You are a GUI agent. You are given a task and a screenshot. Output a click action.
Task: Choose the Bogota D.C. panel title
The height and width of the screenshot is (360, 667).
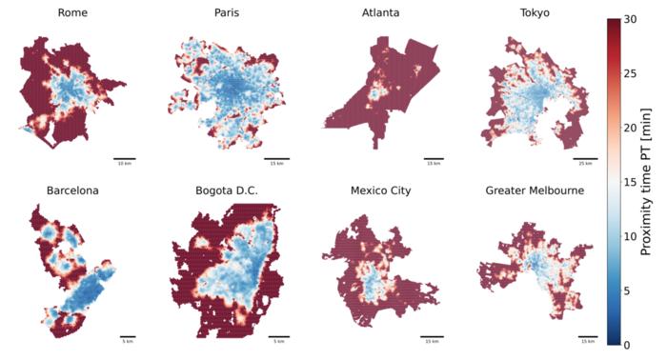225,190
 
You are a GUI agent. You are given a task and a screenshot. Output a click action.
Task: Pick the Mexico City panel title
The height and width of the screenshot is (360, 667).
379,190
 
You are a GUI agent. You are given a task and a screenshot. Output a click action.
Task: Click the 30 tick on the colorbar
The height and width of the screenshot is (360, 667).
631,18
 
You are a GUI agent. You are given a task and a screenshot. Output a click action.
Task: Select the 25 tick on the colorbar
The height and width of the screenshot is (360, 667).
631,72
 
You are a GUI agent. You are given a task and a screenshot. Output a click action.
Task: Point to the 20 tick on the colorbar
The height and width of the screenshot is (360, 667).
631,127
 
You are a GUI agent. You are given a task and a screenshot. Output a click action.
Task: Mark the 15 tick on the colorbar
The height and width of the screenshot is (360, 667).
631,181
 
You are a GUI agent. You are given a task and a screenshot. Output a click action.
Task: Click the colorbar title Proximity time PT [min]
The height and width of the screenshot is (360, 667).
654,181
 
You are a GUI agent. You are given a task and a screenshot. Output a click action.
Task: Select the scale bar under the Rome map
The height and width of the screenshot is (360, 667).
124,158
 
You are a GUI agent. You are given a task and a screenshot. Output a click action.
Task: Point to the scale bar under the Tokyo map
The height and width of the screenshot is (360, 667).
587,158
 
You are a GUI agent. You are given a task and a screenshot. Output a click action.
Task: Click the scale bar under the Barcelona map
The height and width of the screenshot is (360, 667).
128,336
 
